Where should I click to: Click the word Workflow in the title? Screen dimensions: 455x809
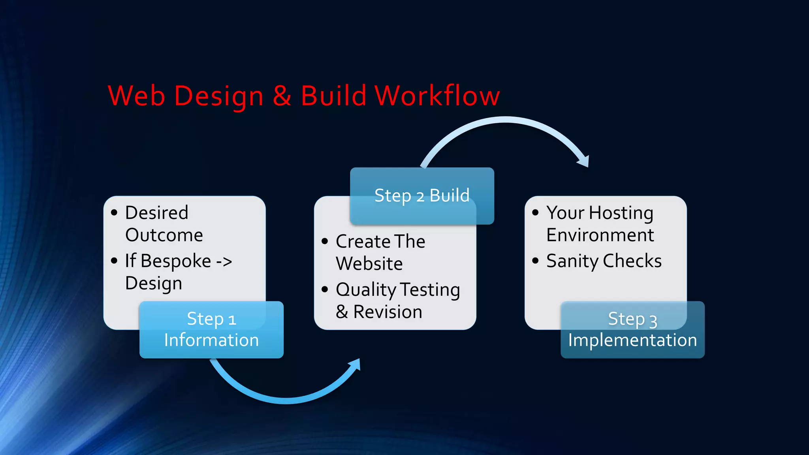click(x=437, y=96)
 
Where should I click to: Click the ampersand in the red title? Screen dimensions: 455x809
click(x=282, y=96)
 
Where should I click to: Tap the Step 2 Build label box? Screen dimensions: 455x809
click(x=422, y=196)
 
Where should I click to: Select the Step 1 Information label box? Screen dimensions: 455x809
click(x=211, y=330)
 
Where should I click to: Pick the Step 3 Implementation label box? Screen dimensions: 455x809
click(x=632, y=330)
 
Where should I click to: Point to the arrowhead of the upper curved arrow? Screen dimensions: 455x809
click(x=583, y=161)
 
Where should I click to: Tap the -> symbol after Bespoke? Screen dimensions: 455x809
click(x=224, y=261)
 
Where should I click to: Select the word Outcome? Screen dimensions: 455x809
click(x=164, y=235)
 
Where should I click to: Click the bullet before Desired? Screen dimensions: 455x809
click(x=115, y=213)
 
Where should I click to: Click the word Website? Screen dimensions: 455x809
click(x=369, y=264)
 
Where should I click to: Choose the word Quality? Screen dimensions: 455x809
click(x=366, y=290)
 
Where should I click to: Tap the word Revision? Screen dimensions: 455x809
click(x=388, y=312)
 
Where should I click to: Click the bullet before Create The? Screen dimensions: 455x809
click(x=325, y=241)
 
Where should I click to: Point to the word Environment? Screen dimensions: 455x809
click(x=600, y=235)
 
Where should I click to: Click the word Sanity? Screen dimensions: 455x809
click(x=572, y=261)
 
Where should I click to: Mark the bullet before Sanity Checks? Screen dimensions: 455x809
click(x=536, y=261)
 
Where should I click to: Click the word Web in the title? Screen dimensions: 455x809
click(x=136, y=96)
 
